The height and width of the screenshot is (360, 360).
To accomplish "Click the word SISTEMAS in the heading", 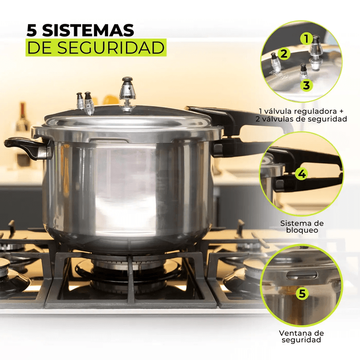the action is pyautogui.click(x=88, y=30).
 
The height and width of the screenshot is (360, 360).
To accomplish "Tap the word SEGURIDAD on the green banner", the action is pyautogui.click(x=111, y=48).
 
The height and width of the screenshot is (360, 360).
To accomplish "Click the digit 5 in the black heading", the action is pyautogui.click(x=32, y=30).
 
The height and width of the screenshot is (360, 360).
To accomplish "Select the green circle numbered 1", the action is pyautogui.click(x=306, y=39).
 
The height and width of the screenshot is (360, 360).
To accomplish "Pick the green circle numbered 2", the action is pyautogui.click(x=284, y=54).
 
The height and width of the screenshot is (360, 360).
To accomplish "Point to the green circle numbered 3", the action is pyautogui.click(x=306, y=85).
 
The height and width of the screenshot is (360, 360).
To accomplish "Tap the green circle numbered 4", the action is pyautogui.click(x=302, y=174).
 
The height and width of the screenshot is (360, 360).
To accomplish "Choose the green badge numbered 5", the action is pyautogui.click(x=302, y=293).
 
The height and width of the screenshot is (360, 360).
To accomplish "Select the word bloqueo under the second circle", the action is pyautogui.click(x=302, y=230).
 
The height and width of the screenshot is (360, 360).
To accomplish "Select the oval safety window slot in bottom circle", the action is pyautogui.click(x=302, y=274).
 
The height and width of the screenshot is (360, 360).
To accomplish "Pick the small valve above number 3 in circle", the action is pyautogui.click(x=303, y=72).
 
